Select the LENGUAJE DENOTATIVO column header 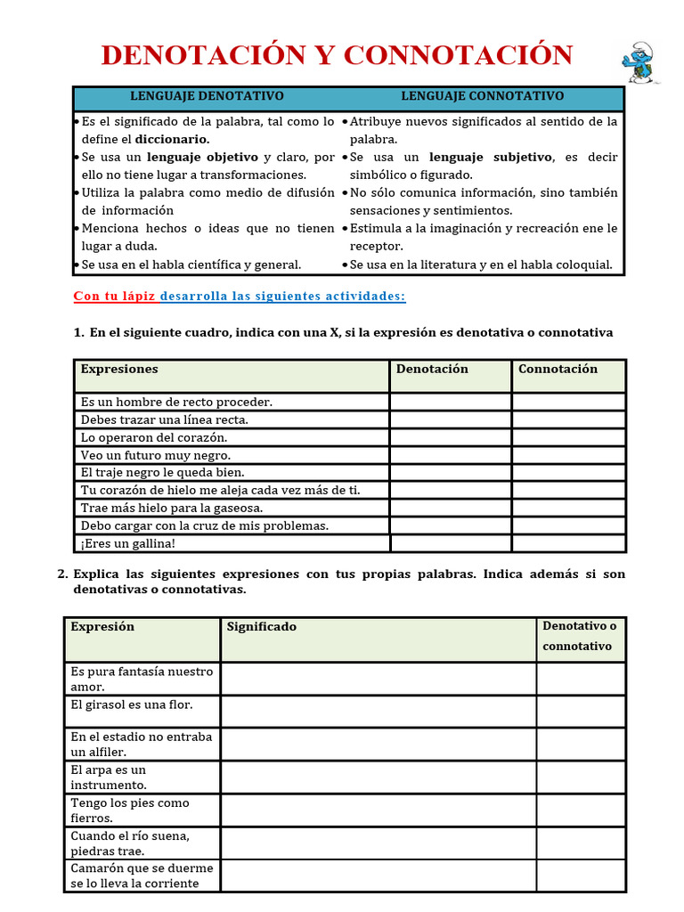pyautogui.click(x=207, y=96)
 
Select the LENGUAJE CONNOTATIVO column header pyautogui.click(x=482, y=96)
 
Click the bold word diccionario pyautogui.click(x=172, y=139)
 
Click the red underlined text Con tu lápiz pyautogui.click(x=114, y=296)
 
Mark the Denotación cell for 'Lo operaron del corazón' pyautogui.click(x=450, y=437)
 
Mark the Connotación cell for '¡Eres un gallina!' pyautogui.click(x=568, y=543)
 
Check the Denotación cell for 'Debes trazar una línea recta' pyautogui.click(x=450, y=419)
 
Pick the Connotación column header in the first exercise pyautogui.click(x=558, y=369)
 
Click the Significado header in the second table pyautogui.click(x=262, y=627)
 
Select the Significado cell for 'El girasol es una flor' pyautogui.click(x=378, y=712)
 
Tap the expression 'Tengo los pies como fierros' pyautogui.click(x=130, y=810)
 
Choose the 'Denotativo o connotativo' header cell pyautogui.click(x=580, y=636)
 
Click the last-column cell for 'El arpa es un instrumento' pyautogui.click(x=580, y=778)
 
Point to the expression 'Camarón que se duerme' pyautogui.click(x=142, y=867)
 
